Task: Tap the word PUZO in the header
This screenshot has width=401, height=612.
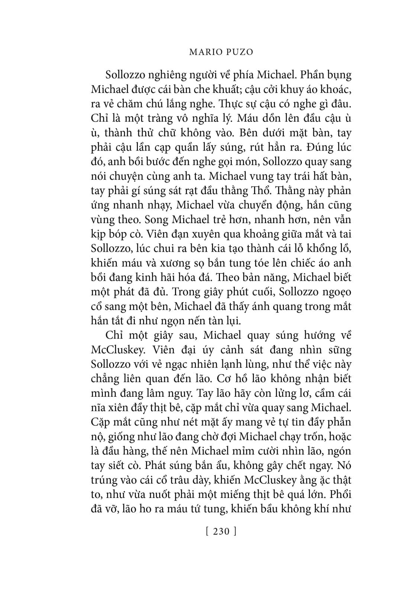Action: (239, 52)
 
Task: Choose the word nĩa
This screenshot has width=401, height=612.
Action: (99, 408)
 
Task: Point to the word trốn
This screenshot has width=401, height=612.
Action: (312, 437)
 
